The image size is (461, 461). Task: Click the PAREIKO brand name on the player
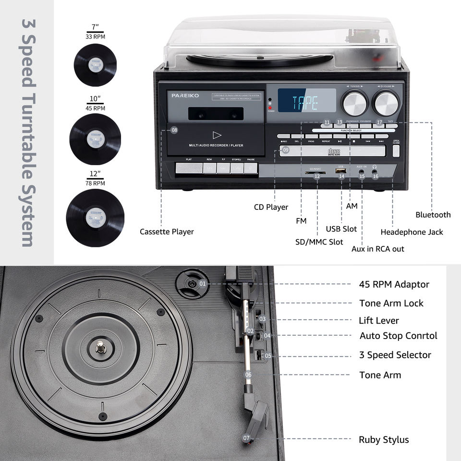click(185, 96)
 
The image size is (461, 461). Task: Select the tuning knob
click(354, 102)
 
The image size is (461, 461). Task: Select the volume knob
click(387, 102)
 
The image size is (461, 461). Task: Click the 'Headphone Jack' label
click(412, 232)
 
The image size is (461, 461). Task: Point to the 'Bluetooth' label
click(433, 215)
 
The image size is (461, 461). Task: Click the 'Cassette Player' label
click(167, 231)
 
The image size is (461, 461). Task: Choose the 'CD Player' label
click(271, 207)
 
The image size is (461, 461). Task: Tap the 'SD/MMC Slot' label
click(319, 242)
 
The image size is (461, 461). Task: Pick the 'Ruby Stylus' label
click(384, 439)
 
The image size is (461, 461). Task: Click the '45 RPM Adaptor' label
click(394, 284)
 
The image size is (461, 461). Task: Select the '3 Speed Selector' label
click(395, 355)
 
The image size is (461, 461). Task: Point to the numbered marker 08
click(174, 130)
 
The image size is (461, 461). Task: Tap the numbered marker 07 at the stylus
click(246, 438)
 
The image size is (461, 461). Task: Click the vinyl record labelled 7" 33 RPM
click(96, 64)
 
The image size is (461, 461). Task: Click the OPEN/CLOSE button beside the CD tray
click(396, 150)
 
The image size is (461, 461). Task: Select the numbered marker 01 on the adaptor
click(202, 284)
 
